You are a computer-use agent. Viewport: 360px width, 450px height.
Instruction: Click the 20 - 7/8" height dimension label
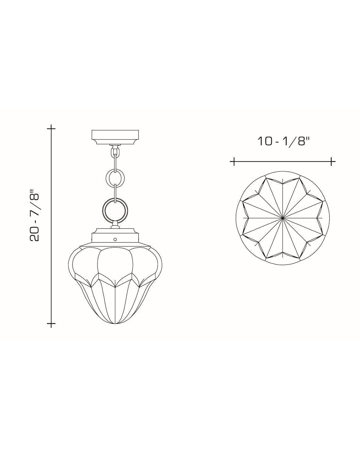(x=34, y=216)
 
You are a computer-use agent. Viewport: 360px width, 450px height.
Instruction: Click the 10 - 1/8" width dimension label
(x=283, y=141)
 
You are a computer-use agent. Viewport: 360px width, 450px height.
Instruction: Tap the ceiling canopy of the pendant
(x=115, y=137)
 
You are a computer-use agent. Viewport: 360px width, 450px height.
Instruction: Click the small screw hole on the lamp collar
(x=115, y=239)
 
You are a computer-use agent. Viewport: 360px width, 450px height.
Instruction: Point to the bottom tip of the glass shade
(x=115, y=324)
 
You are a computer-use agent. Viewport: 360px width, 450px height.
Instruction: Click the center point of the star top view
(x=283, y=218)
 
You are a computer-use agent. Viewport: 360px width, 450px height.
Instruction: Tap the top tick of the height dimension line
(x=51, y=128)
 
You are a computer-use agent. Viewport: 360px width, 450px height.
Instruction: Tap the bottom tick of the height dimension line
(x=51, y=324)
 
